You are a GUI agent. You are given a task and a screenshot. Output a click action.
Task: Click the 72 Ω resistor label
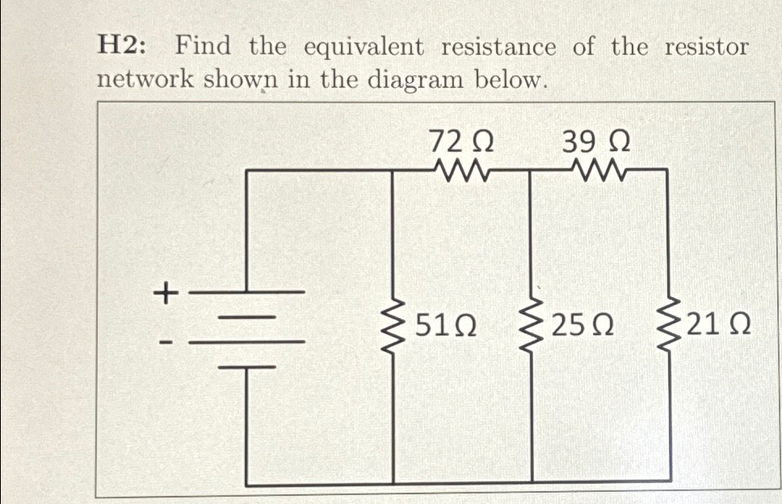click(x=460, y=143)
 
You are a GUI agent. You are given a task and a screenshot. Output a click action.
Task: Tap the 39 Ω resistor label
click(x=597, y=143)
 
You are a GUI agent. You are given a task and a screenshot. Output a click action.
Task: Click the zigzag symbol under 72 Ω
click(x=461, y=170)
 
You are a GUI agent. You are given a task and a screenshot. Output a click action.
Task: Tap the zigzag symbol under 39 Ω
click(x=598, y=170)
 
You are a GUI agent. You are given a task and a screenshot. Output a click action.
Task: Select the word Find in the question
click(x=204, y=47)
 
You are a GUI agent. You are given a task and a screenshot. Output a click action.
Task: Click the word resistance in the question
click(x=498, y=47)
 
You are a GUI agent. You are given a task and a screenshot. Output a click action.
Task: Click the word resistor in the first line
click(x=706, y=47)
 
